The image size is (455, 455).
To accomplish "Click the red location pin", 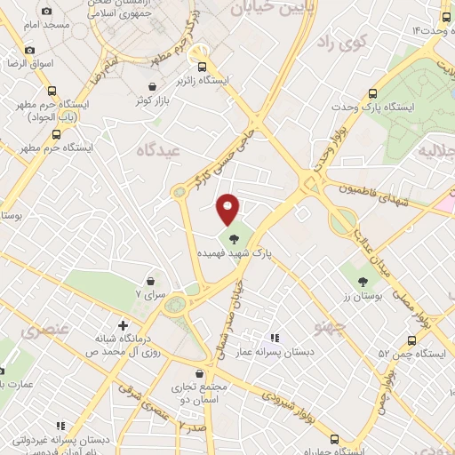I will point(228,208).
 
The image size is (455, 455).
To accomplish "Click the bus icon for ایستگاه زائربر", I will point(203,67).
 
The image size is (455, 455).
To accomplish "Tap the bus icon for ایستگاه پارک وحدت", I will point(373,93).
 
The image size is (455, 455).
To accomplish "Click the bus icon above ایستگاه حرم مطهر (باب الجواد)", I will point(51,91).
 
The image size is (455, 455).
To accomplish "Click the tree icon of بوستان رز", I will point(363,281).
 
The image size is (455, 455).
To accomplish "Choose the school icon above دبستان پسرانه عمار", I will point(275,339).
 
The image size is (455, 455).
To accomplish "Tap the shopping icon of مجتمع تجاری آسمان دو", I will point(220,374).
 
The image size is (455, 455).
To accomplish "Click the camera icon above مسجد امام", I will point(46,11).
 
